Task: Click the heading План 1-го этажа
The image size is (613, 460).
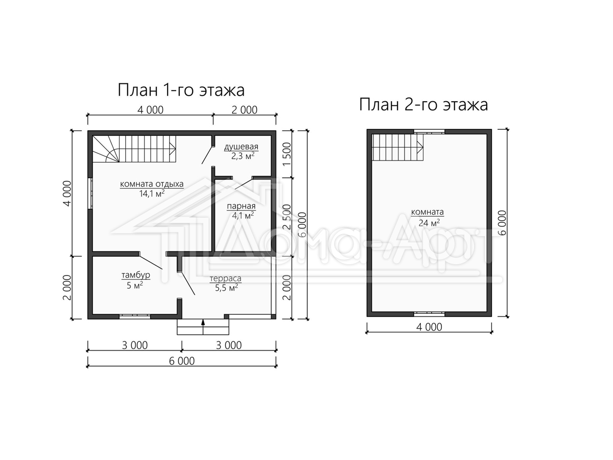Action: tap(181, 90)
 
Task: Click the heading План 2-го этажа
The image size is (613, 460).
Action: tap(423, 105)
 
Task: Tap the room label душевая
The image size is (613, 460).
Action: tap(241, 146)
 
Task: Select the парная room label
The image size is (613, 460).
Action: tap(241, 206)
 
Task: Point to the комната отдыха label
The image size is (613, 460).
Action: tap(152, 184)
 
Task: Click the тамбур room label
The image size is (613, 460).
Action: tap(136, 275)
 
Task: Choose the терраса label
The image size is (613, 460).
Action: tap(225, 279)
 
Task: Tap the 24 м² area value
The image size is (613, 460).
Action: tap(429, 222)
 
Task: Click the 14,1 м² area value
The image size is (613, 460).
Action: tap(152, 194)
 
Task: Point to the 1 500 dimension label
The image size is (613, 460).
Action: tap(287, 154)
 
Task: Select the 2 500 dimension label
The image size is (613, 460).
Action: tap(287, 217)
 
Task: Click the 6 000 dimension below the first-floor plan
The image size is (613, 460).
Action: tap(182, 361)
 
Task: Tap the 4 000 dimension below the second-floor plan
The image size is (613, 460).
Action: tap(429, 327)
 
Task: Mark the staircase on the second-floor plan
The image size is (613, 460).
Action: tap(397, 147)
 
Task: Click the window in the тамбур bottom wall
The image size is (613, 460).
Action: tap(135, 316)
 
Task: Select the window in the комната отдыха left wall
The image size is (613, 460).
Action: tap(90, 193)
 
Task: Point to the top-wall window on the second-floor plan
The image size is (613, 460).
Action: tap(429, 131)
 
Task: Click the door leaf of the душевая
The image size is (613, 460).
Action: tap(207, 155)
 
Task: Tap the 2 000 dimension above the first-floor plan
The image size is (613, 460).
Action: tap(244, 110)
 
